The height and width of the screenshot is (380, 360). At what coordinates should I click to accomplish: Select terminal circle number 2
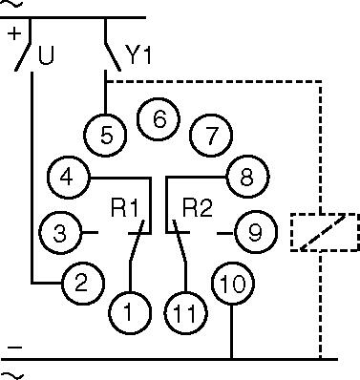coord(81,283)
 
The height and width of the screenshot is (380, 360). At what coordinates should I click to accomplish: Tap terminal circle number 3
coord(57,231)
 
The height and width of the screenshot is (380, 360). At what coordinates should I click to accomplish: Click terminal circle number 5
coord(107,134)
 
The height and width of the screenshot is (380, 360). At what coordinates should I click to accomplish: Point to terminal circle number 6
coord(159,119)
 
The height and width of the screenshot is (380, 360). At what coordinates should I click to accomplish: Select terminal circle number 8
coord(245,178)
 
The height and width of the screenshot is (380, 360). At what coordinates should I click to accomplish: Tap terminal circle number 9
coord(255,231)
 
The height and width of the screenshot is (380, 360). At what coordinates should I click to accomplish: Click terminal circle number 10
coord(232,284)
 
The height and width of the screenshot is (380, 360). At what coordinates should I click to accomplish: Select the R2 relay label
coord(197,206)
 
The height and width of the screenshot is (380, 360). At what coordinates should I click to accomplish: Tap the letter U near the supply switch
coord(45,56)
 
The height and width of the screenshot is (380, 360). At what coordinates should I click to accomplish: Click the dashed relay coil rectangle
coord(324,232)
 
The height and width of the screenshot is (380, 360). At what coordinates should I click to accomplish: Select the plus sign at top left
coord(14,33)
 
